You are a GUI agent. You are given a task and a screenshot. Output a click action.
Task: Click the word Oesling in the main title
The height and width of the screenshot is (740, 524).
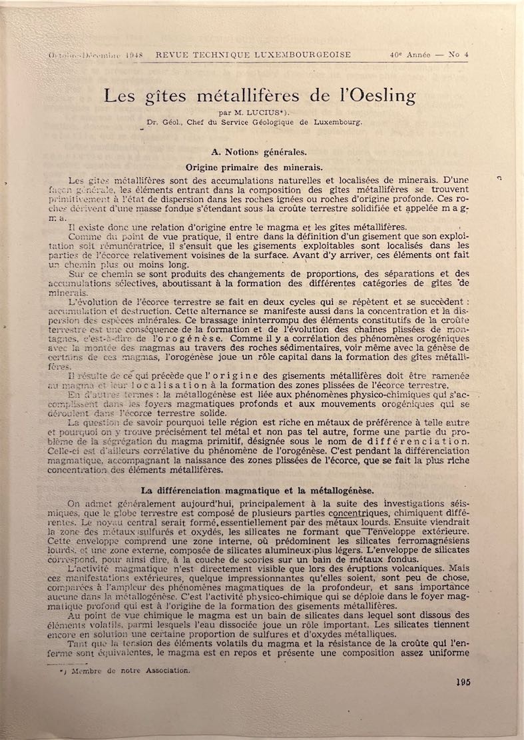click(x=380, y=95)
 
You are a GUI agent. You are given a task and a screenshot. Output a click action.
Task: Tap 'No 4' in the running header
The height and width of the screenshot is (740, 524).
click(x=458, y=55)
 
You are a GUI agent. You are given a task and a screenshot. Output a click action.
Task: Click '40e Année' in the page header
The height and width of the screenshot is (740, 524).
click(x=413, y=55)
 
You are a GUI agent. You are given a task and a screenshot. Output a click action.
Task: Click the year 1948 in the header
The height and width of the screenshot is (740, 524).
click(x=133, y=55)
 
